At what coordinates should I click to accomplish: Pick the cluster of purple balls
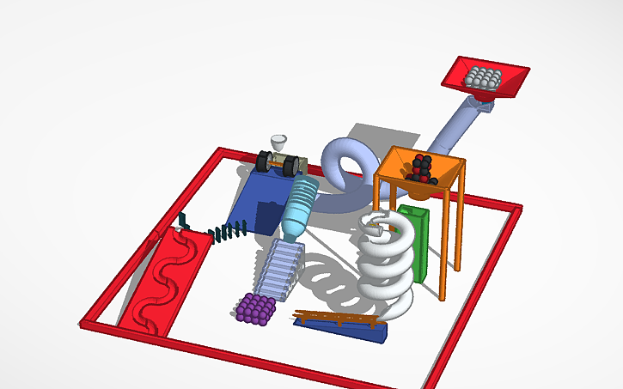tap(256, 308)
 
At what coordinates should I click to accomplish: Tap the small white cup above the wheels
tap(279, 143)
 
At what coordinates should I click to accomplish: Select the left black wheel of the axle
tap(265, 161)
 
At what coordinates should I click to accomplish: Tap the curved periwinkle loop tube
tap(348, 163)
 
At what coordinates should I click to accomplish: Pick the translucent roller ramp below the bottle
tap(277, 266)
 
